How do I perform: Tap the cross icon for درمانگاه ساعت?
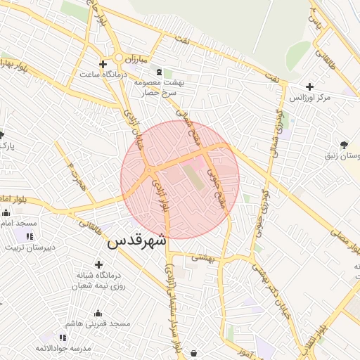(x=103, y=64)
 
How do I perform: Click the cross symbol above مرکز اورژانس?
(x=309, y=86)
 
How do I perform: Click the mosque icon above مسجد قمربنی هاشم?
(x=97, y=314)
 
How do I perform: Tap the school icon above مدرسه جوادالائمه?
(x=64, y=338)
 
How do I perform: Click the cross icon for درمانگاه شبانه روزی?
(x=98, y=264)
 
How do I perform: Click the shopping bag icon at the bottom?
(x=194, y=353)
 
